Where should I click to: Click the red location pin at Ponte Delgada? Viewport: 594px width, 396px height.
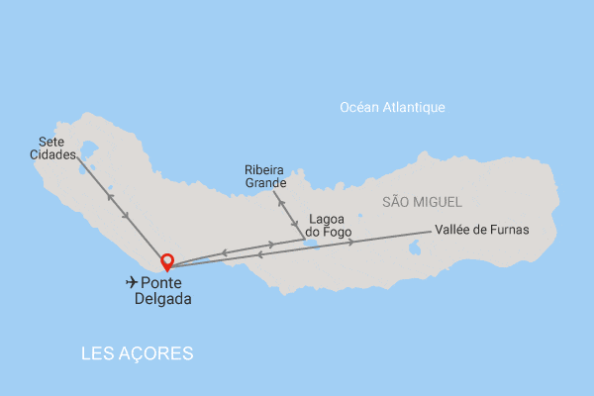coord(167,261)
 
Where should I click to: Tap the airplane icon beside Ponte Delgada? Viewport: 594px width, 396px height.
coord(132,282)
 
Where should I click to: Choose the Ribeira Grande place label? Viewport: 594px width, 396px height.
coord(265,176)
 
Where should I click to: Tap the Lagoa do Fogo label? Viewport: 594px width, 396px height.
coord(330,226)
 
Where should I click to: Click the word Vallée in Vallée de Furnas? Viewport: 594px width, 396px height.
coord(454,230)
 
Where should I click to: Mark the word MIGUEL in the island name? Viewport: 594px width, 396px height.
coord(437,202)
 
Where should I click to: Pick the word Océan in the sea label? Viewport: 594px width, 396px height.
coord(358,108)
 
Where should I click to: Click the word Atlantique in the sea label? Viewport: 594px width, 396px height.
coord(415,108)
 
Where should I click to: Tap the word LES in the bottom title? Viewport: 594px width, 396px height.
coord(97,353)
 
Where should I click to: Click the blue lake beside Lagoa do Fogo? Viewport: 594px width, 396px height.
coord(312,242)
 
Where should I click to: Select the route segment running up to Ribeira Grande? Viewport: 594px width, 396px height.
coord(288,211)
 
